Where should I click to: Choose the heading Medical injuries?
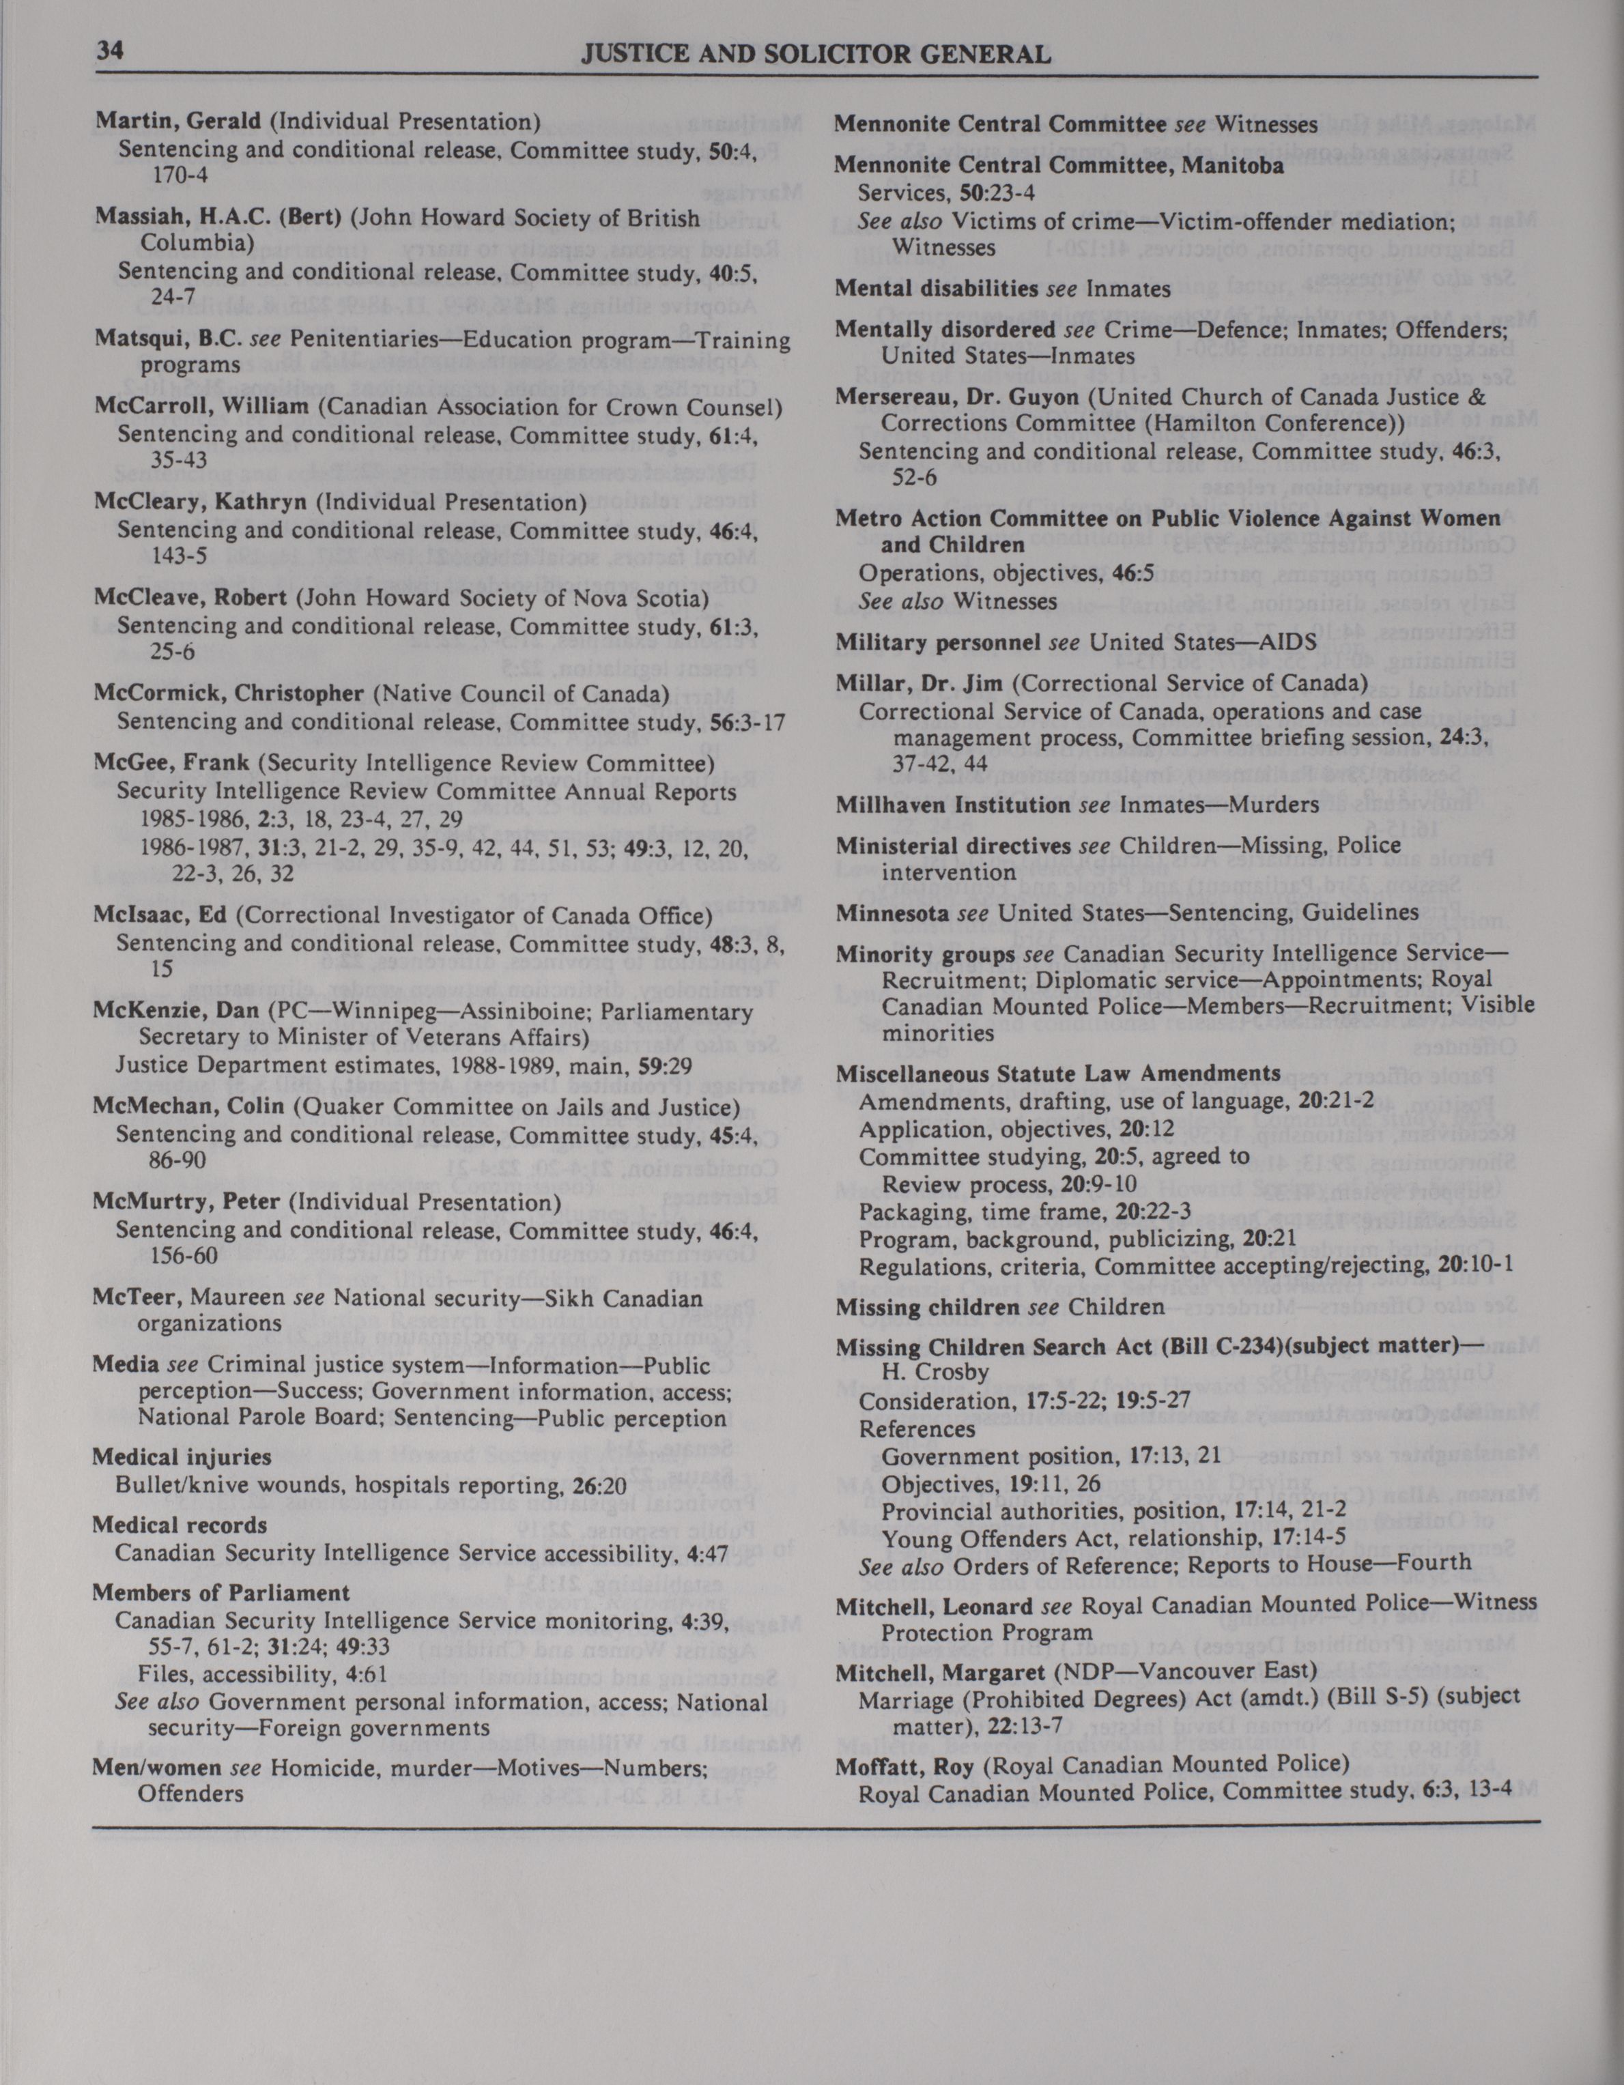pos(182,1457)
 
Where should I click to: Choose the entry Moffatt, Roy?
pos(903,1766)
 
